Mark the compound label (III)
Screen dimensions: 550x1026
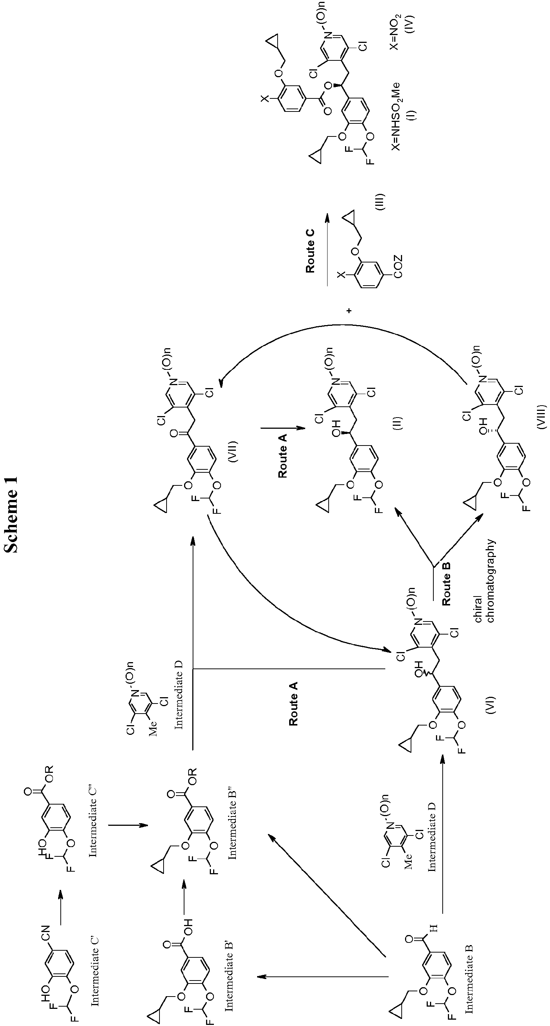click(380, 202)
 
